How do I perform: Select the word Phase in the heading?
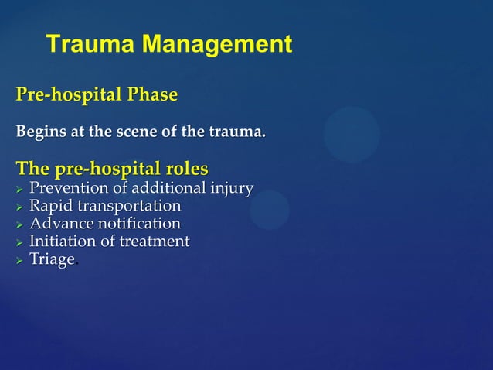(x=148, y=95)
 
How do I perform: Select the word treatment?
(x=155, y=242)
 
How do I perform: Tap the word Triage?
(x=51, y=259)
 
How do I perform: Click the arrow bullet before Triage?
(x=20, y=260)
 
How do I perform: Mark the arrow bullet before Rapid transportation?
(x=20, y=207)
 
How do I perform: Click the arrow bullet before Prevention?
(x=20, y=189)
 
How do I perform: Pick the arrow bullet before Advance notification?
(x=20, y=224)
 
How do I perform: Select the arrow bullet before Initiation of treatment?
(x=20, y=242)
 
